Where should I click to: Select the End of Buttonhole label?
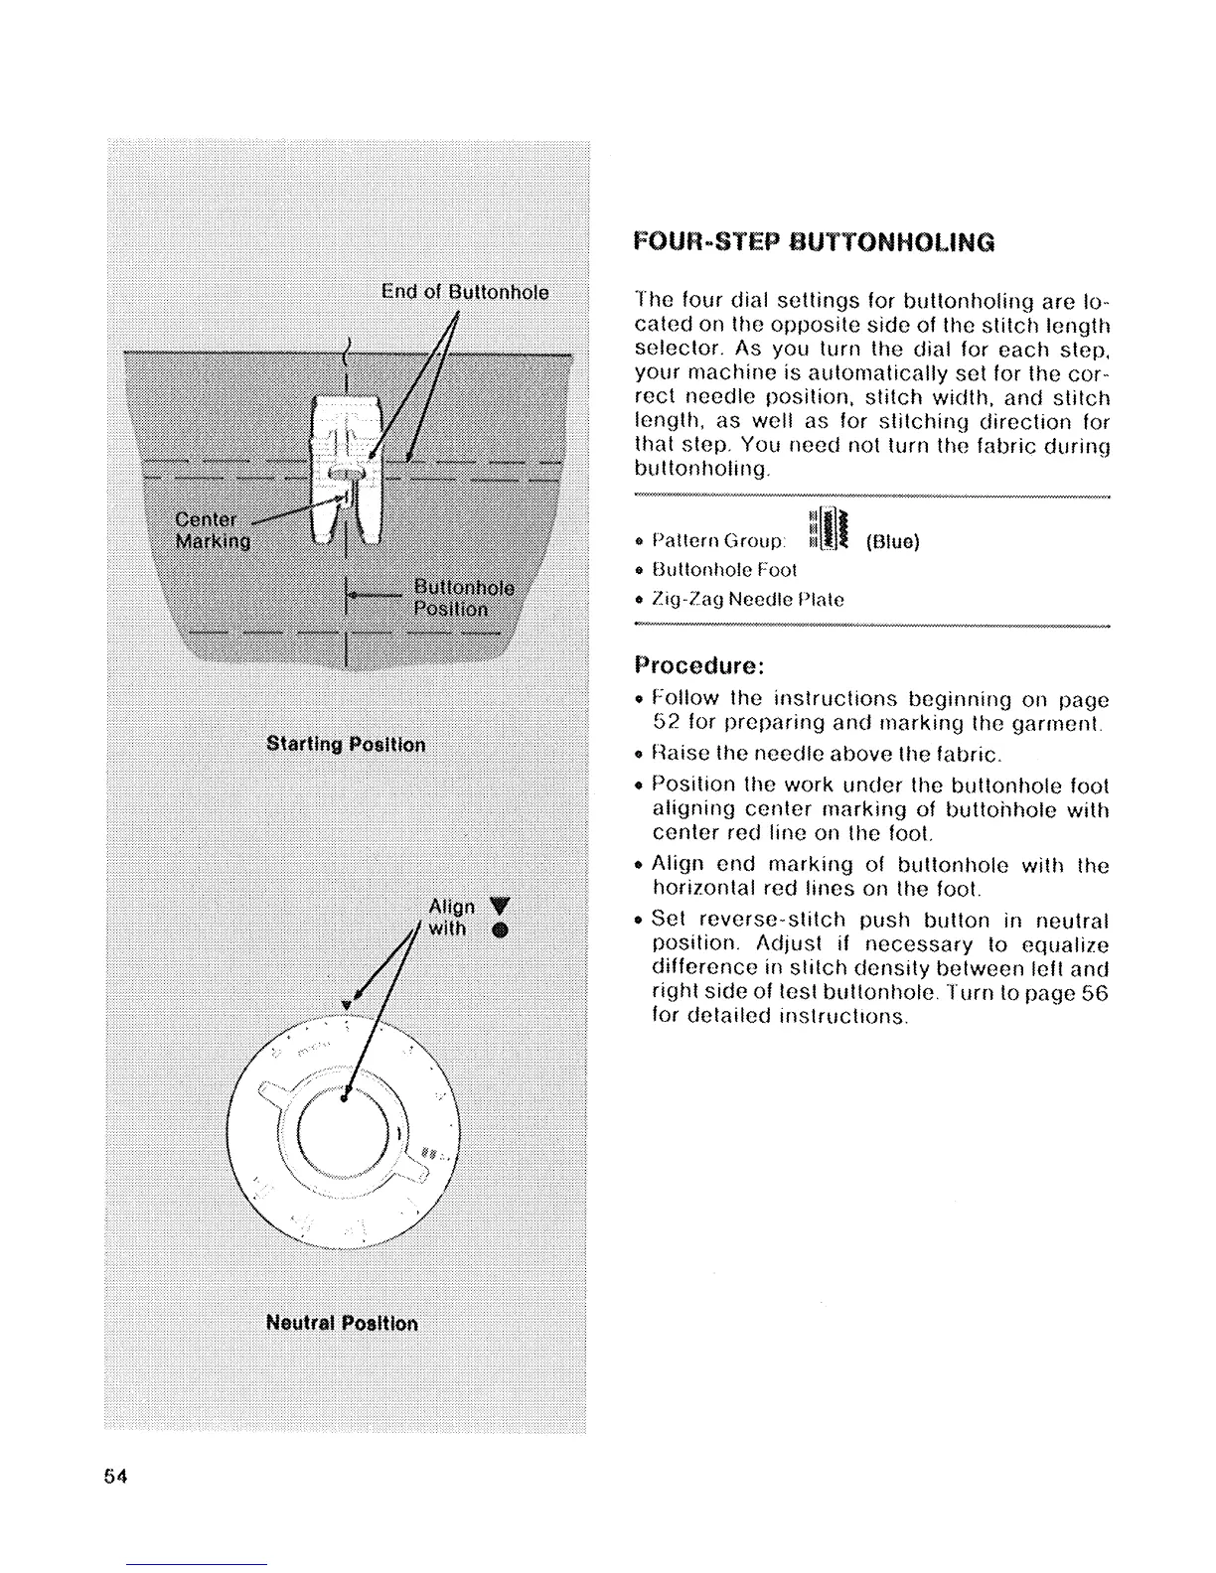tap(465, 292)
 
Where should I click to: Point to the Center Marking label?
tap(212, 530)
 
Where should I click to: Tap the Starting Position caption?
tap(346, 745)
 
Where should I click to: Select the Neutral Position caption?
tap(342, 1324)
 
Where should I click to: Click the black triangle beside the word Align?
tap(499, 906)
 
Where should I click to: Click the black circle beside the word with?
tap(500, 930)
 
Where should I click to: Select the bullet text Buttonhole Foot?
tap(724, 570)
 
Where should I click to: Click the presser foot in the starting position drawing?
tap(344, 467)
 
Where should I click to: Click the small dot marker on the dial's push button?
tap(344, 1099)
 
